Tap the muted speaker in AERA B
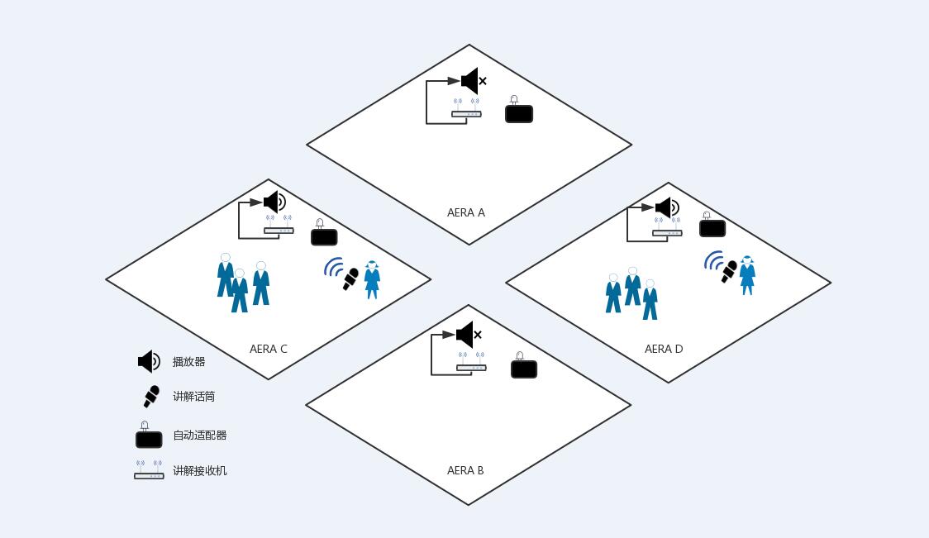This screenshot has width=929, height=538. pos(469,335)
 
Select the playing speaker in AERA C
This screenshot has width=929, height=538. pos(275,202)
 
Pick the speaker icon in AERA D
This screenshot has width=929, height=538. pos(667,208)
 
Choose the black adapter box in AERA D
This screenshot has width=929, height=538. pos(712,226)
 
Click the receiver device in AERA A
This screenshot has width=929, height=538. pos(466,109)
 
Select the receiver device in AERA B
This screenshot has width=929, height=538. pos(471,363)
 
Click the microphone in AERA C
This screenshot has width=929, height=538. pos(350,279)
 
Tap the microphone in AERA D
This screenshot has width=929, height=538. pos(729,271)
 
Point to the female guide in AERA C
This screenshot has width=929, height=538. pos(372,279)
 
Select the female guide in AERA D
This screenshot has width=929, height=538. pos(748,275)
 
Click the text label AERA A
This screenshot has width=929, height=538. pos(465,212)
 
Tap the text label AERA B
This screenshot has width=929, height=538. pos(465,470)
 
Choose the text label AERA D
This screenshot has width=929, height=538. pos(664,349)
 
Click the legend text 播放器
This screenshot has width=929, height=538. pos(189,361)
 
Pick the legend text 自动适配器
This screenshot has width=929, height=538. pos(200,435)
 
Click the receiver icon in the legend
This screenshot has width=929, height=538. pos(149,470)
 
